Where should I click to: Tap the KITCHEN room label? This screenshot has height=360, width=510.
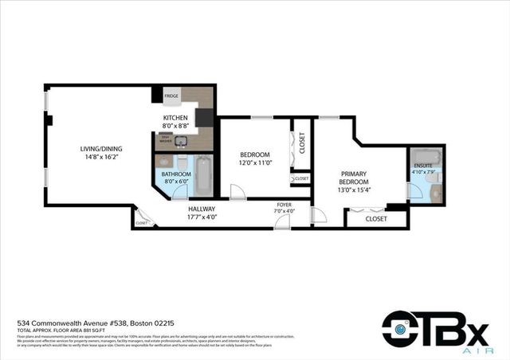[x=175, y=117]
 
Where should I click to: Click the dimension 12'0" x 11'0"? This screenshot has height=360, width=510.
[x=255, y=162]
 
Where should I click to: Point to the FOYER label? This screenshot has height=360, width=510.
[x=284, y=204]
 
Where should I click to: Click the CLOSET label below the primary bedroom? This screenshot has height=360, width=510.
[x=376, y=218]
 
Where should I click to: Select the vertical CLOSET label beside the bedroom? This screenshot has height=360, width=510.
[x=301, y=143]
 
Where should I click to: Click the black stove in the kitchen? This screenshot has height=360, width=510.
[x=204, y=118]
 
